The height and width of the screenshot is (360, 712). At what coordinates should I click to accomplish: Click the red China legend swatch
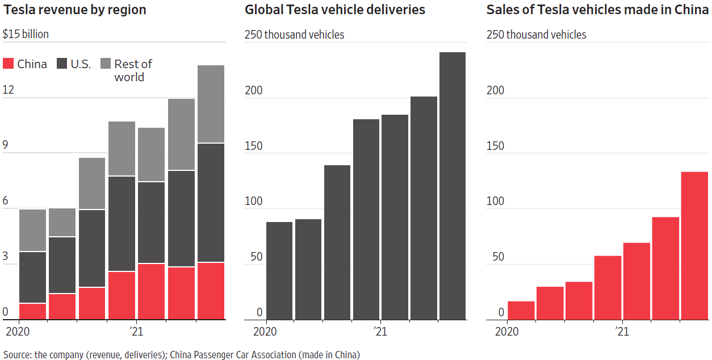coord(9,64)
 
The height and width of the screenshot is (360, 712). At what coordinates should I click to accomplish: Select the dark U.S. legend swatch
coord(62,64)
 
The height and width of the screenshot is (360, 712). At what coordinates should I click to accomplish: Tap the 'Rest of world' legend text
coord(133,70)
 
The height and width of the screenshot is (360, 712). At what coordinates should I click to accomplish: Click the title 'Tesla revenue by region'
coord(74,10)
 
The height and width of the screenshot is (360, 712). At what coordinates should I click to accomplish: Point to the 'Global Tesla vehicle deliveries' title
coord(334,10)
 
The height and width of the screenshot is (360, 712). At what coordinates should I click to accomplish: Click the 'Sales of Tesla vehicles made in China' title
coord(597,10)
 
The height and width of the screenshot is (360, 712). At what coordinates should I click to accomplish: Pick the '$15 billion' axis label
coord(26,34)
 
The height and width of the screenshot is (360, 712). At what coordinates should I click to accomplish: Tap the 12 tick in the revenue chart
coord(9,90)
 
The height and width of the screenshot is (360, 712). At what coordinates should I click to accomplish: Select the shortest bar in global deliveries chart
coord(279,271)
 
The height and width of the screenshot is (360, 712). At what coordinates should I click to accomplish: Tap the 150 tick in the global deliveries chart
coord(253,145)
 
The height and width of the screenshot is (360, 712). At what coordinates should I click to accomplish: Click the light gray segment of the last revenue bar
coord(211,104)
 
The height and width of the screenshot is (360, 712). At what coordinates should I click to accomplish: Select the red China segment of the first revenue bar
coord(32,311)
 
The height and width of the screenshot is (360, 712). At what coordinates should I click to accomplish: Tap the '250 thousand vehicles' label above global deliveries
coord(294,35)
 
